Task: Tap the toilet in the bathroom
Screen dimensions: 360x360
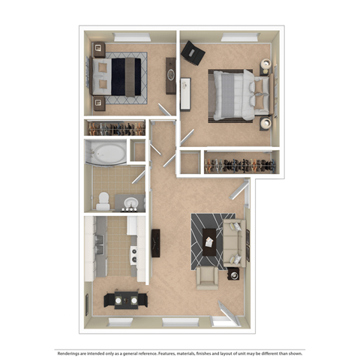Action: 104,199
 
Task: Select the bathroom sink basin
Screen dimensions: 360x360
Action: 130,203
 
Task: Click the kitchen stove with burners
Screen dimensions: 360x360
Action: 136,255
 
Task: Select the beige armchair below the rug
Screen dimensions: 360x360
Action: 207,277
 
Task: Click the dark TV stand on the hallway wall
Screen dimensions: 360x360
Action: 156,242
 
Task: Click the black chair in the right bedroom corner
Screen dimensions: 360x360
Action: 193,52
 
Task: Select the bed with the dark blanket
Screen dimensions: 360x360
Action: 120,76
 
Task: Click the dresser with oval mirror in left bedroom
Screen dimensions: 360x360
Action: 170,76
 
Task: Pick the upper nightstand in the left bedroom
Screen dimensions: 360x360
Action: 97,49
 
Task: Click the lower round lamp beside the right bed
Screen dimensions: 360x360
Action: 265,122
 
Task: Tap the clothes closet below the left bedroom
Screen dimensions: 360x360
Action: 115,128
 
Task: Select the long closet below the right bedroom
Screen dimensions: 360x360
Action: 237,162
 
